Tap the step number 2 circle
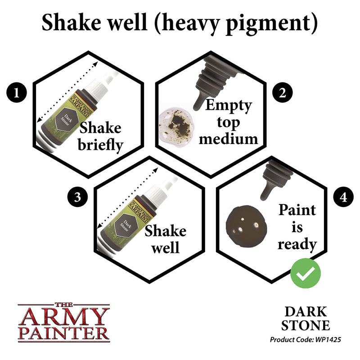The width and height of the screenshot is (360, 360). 282,94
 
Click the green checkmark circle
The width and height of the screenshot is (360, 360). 306,273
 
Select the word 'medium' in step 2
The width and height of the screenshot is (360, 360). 229,138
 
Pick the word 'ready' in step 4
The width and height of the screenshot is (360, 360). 297,244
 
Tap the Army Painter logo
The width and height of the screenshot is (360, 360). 63,321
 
